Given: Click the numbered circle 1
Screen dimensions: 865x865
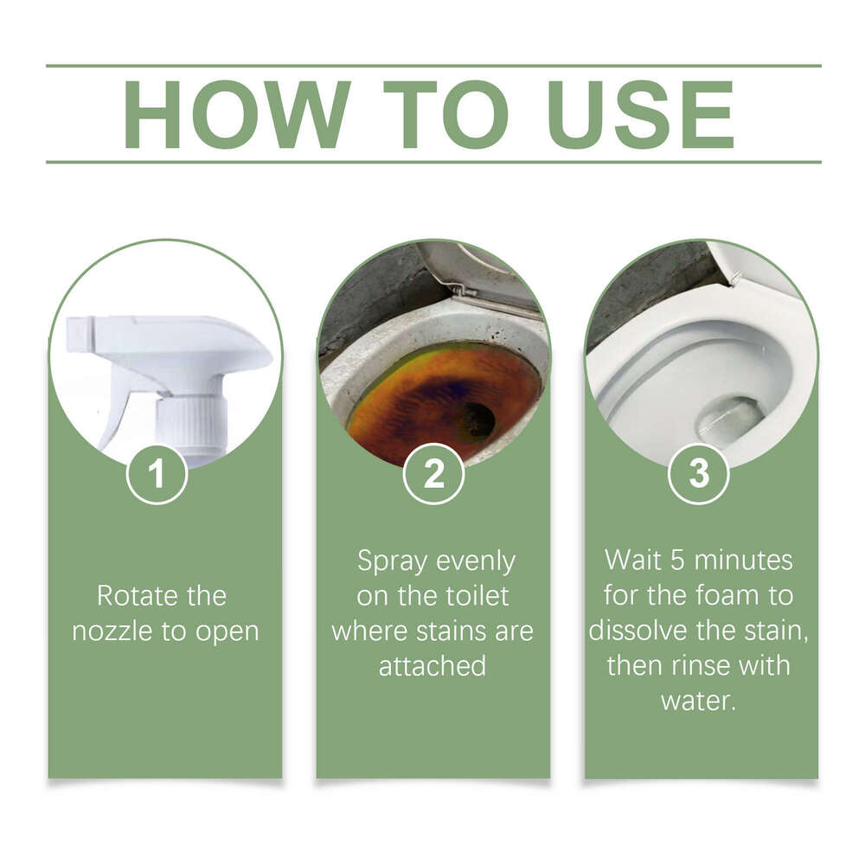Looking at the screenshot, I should tap(157, 474).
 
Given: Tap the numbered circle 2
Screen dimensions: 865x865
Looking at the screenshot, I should tap(434, 474).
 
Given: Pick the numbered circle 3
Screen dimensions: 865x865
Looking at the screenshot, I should tap(699, 474).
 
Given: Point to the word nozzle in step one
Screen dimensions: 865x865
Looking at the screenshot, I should tap(109, 631).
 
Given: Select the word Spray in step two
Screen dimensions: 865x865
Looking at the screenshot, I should tap(394, 562).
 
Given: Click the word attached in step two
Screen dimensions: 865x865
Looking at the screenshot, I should tap(432, 666).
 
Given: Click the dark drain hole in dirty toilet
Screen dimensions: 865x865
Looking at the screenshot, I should tap(476, 420).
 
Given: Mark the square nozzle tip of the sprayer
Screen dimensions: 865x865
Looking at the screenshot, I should tap(79, 333).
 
